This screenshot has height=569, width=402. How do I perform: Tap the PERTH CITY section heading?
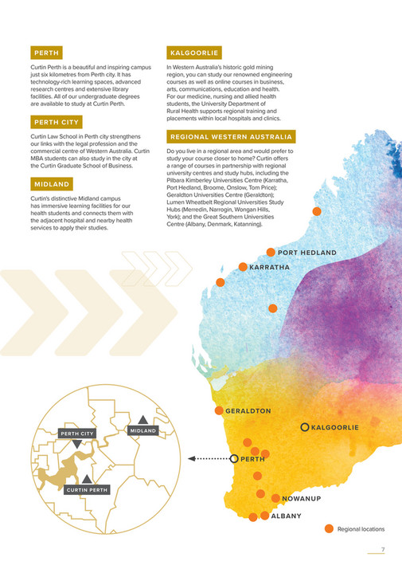click(x=54, y=122)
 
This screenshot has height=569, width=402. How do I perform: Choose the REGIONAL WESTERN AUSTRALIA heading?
click(x=230, y=136)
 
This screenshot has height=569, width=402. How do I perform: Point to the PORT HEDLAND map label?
click(x=307, y=253)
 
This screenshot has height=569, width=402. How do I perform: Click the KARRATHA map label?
click(x=269, y=267)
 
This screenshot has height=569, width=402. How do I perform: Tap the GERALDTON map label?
click(x=248, y=411)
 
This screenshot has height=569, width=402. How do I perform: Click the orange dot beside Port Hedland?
click(x=271, y=252)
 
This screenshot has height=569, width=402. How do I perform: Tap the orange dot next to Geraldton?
click(x=219, y=410)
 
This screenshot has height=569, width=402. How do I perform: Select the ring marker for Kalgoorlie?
click(x=304, y=428)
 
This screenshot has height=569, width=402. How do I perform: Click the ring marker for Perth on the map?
click(x=233, y=458)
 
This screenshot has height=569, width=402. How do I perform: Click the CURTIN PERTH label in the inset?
click(x=87, y=489)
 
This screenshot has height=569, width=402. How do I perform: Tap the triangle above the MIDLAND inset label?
click(x=142, y=418)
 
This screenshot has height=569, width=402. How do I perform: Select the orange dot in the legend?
click(x=328, y=528)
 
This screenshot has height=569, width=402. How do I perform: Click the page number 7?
click(x=382, y=549)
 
